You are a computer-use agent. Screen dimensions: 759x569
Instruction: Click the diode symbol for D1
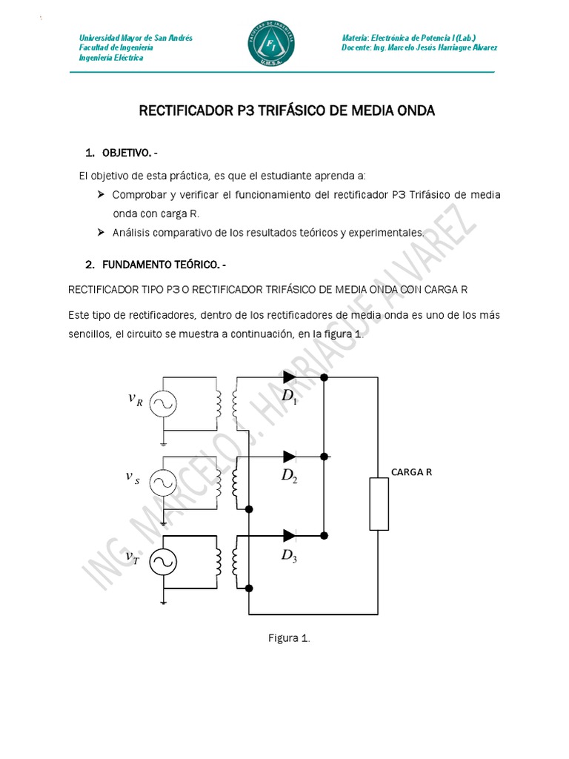tap(289, 377)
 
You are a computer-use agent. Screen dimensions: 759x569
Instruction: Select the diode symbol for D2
tap(289, 455)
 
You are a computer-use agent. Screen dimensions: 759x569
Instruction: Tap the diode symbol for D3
tap(289, 534)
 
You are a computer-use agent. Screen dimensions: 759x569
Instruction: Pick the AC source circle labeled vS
tap(162, 483)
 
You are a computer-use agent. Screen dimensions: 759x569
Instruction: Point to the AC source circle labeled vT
tap(162, 562)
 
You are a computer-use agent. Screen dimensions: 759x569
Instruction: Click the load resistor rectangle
tap(379, 504)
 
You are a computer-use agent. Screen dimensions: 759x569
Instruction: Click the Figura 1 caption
tap(288, 638)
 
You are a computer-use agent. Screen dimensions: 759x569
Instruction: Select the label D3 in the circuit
tap(289, 556)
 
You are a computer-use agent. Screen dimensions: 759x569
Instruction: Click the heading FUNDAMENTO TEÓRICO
tap(160, 264)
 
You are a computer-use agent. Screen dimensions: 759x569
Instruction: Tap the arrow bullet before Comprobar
tap(101, 194)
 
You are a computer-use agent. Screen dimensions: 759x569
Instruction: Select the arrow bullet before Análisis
tap(101, 233)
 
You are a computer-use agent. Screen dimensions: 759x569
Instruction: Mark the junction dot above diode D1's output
tap(324, 377)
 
